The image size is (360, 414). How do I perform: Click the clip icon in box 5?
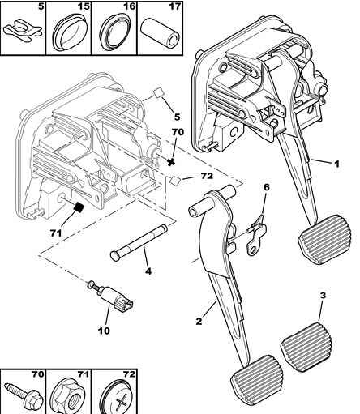23,33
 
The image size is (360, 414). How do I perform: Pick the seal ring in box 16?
116,32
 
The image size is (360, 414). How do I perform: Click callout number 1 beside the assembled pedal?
336,164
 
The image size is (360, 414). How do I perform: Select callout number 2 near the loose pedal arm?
199,321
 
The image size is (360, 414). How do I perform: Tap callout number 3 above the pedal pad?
323,295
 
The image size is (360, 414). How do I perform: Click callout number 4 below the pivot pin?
148,271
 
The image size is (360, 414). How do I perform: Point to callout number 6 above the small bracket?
267,187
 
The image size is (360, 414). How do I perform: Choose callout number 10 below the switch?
105,331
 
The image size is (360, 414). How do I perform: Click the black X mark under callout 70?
170,162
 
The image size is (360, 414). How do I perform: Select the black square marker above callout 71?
79,207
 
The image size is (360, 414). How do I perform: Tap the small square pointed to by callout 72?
175,181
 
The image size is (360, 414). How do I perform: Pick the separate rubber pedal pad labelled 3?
306,347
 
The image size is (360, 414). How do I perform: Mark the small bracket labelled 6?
255,235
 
